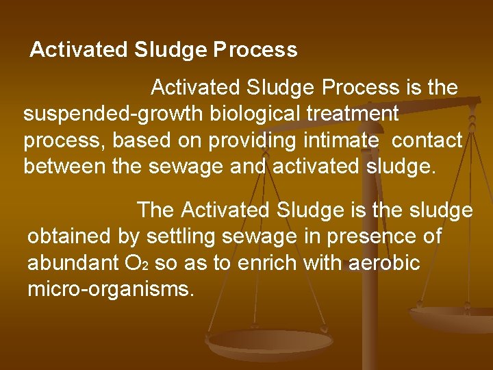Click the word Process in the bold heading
point(255,51)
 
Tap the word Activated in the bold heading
point(78,50)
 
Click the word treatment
point(346,114)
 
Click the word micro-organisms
point(111,289)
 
